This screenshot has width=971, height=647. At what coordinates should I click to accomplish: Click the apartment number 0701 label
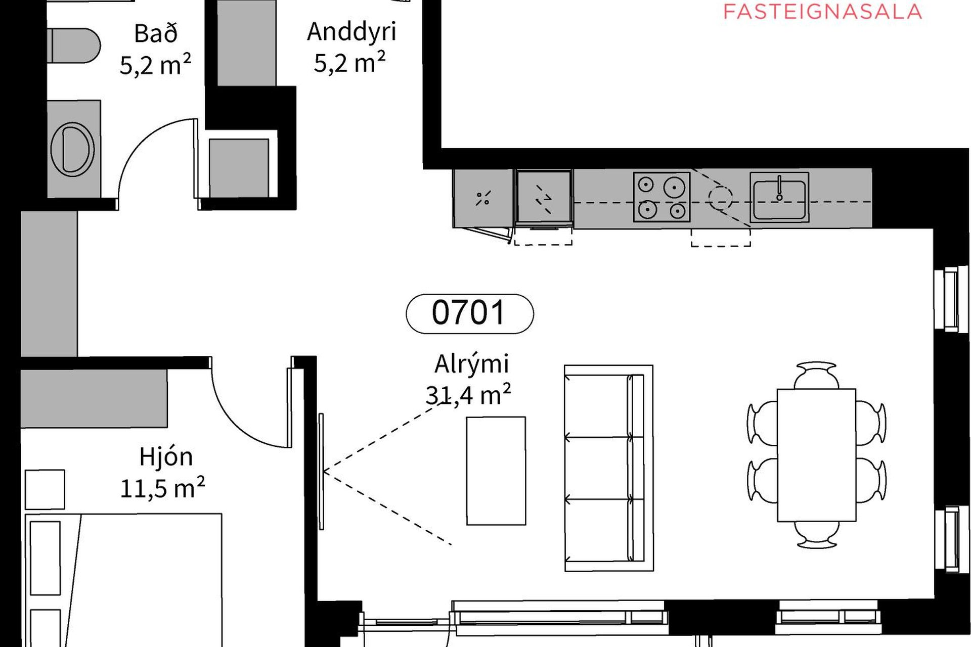pyautogui.click(x=469, y=313)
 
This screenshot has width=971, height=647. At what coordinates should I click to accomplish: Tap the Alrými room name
pyautogui.click(x=471, y=364)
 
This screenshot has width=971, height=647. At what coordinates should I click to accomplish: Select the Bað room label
pyautogui.click(x=156, y=34)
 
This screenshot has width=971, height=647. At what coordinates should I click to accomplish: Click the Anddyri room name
pyautogui.click(x=351, y=31)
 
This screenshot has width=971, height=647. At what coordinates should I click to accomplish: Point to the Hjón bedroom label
pyautogui.click(x=166, y=457)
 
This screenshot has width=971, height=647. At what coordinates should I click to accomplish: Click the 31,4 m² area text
pyautogui.click(x=468, y=395)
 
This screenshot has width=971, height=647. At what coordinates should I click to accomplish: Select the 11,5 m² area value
pyautogui.click(x=162, y=488)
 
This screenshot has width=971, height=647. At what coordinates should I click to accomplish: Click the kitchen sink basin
pyautogui.click(x=779, y=197)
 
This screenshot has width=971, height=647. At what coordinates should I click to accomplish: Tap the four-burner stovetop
pyautogui.click(x=661, y=197)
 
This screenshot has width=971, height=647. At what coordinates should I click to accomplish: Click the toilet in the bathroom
pyautogui.click(x=74, y=45)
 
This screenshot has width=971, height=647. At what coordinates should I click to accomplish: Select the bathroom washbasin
pyautogui.click(x=72, y=149)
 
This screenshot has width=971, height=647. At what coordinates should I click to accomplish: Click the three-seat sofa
pyautogui.click(x=609, y=468)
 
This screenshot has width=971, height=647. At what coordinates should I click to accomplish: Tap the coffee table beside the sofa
pyautogui.click(x=496, y=471)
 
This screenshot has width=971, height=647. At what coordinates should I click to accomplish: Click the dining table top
pyautogui.click(x=816, y=455)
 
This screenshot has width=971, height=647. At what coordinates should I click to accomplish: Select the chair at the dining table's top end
pyautogui.click(x=816, y=375)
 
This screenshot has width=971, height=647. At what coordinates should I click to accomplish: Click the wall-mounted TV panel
pyautogui.click(x=321, y=471)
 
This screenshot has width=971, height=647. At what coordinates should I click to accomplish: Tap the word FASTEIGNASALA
pyautogui.click(x=823, y=12)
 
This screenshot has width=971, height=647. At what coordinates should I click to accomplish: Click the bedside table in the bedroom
pyautogui.click(x=45, y=489)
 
